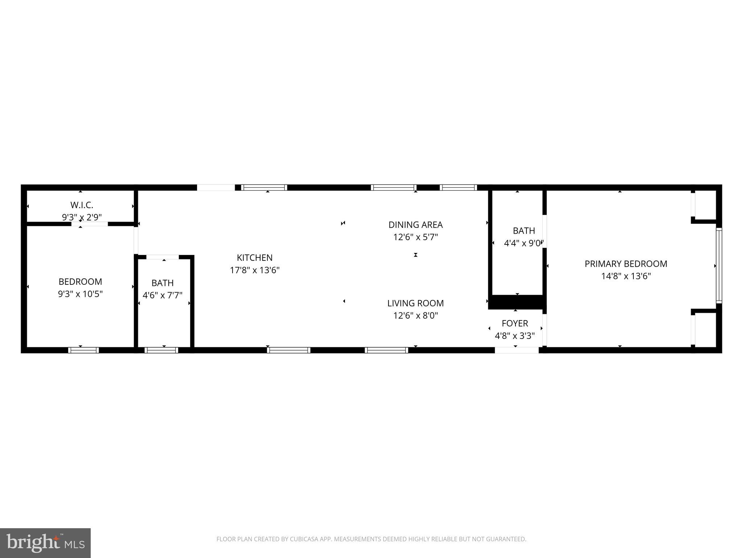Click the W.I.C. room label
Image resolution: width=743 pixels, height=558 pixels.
(x=82, y=205)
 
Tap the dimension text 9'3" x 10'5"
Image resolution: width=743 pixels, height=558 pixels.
(x=80, y=294)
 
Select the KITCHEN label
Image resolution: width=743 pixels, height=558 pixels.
(x=254, y=258)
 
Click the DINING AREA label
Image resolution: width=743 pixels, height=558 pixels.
(x=415, y=225)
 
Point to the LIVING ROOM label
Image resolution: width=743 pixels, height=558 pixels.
(x=415, y=303)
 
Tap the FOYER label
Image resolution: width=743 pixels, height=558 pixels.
(x=515, y=323)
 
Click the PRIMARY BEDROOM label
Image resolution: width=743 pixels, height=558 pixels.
(x=626, y=264)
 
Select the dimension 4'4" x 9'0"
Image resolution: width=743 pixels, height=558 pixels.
(x=523, y=243)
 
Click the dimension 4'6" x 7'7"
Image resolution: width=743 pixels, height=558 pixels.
(x=162, y=295)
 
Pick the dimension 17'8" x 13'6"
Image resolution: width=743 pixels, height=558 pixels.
(x=255, y=270)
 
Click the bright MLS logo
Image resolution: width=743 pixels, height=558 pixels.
(x=45, y=543)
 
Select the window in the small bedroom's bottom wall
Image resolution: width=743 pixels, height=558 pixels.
(x=83, y=350)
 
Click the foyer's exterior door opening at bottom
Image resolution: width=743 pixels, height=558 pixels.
(x=517, y=350)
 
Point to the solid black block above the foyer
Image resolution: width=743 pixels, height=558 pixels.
(x=516, y=302)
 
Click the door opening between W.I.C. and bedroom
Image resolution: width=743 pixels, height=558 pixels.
(x=90, y=224)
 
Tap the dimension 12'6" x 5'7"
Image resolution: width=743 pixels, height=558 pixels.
(x=415, y=237)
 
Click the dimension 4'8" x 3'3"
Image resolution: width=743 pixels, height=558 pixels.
(x=515, y=336)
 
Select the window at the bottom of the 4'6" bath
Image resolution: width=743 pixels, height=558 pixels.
(x=161, y=350)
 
